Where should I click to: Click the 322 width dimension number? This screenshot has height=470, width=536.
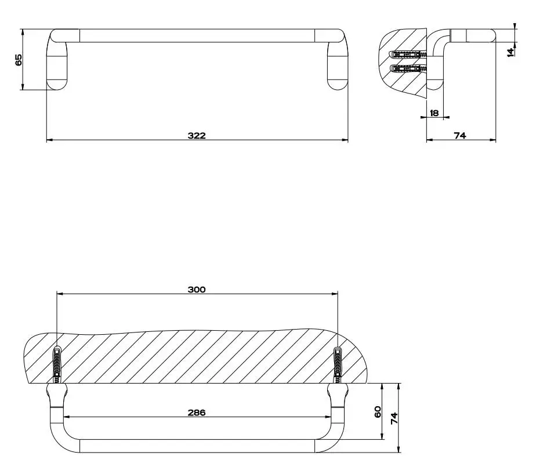pos(197,136)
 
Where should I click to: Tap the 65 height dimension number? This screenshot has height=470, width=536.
pos(19,60)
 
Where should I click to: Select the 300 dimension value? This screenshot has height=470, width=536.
pos(197,290)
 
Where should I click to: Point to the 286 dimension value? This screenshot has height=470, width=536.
pos(197,413)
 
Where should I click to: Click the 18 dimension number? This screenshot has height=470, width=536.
pos(434,113)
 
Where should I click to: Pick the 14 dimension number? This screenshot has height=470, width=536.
pos(510,52)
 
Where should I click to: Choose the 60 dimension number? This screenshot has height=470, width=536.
pos(378,411)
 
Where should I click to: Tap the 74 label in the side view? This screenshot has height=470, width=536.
pos(460,136)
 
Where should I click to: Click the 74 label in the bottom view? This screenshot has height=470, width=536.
pos(394,418)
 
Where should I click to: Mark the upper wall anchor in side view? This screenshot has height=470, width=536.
pos(408,54)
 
